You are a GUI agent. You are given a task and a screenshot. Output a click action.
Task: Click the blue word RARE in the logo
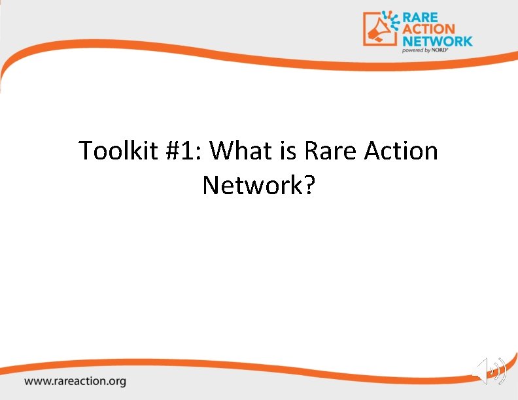[x=421, y=16]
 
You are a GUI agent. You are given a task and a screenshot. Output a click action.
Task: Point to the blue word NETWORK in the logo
[x=438, y=41]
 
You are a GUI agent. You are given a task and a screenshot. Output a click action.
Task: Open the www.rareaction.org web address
[x=76, y=380]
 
